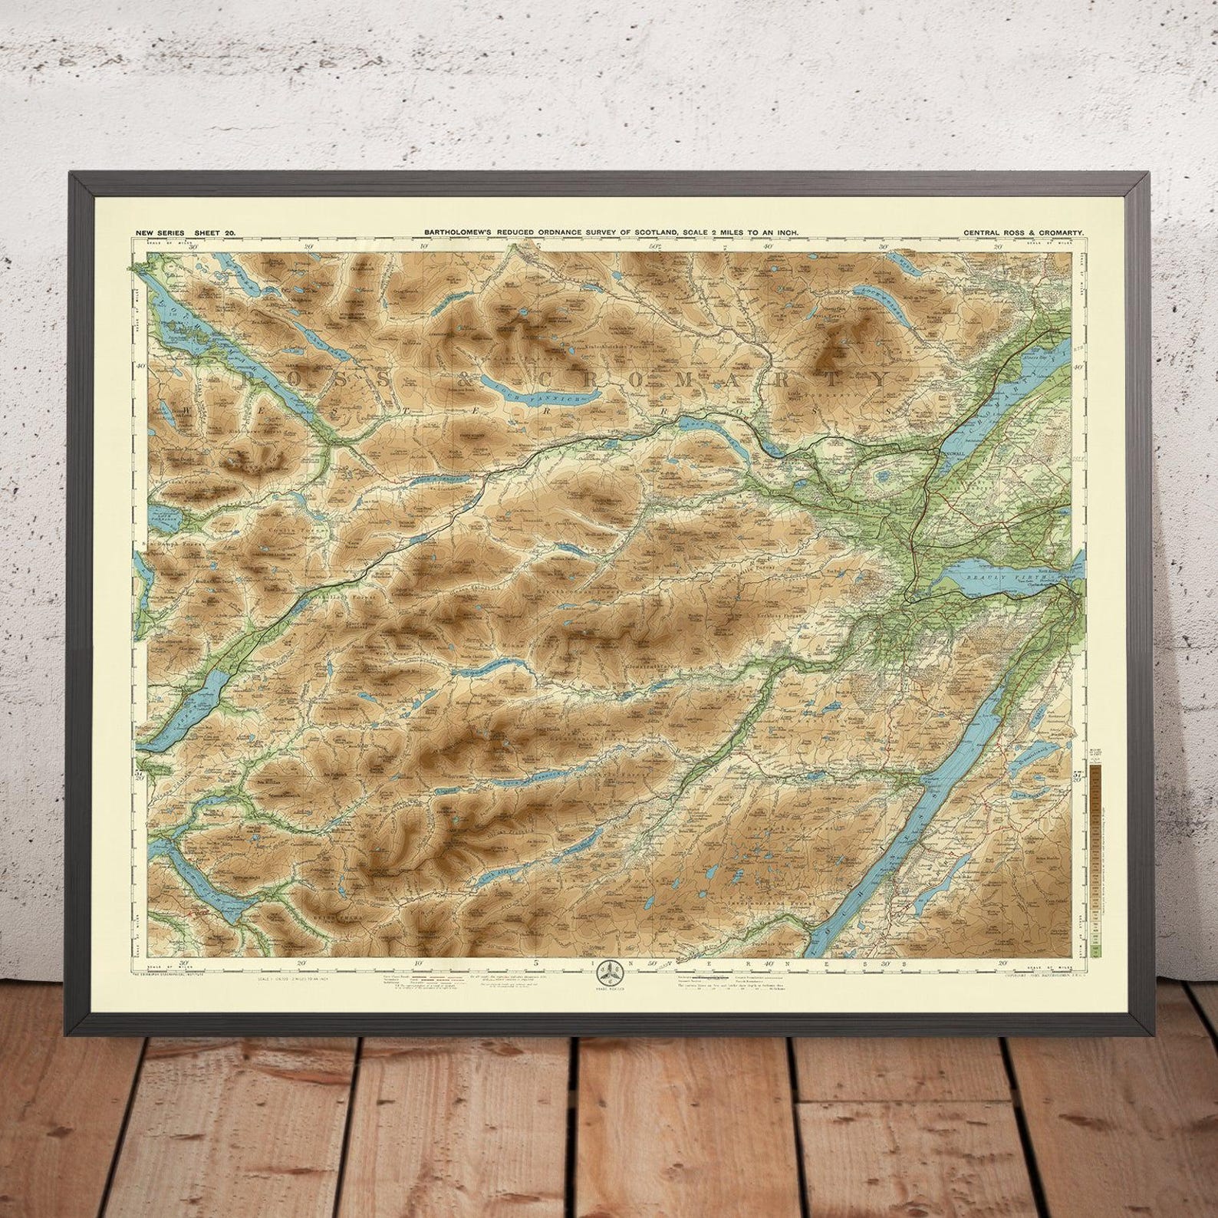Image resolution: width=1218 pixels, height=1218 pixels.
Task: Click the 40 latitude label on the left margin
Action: (140, 366)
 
